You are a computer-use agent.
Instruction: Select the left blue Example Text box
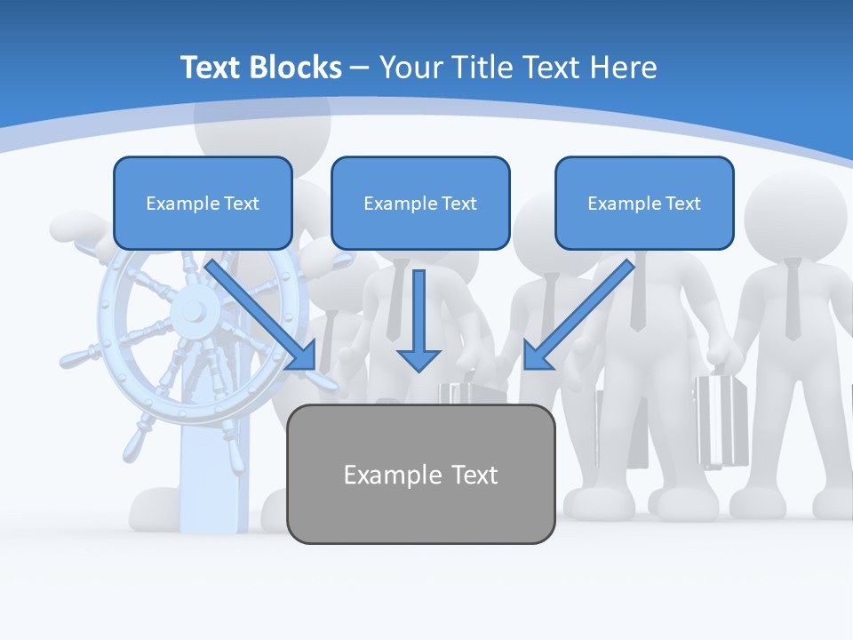[203, 203]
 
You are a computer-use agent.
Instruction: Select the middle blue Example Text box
[420, 203]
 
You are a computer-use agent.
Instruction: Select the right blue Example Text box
[644, 203]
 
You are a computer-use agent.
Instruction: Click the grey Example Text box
[420, 474]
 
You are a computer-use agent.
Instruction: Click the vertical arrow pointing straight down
[419, 320]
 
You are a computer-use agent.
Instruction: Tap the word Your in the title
[411, 68]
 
